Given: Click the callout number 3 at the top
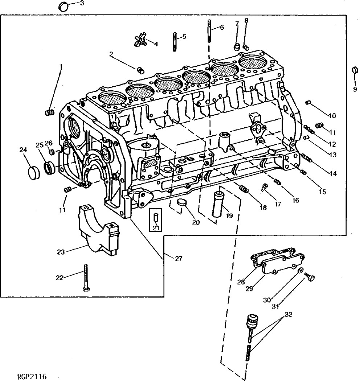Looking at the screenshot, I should pyautogui.click(x=81, y=3).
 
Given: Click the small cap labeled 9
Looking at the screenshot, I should pyautogui.click(x=355, y=70).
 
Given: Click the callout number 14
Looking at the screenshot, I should pyautogui.click(x=330, y=173).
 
